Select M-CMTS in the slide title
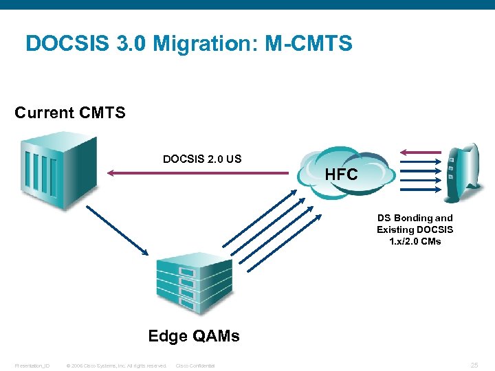pos(308,44)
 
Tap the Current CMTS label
pos(70,113)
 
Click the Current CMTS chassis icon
pos(58,169)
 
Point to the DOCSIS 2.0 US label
pos(202,159)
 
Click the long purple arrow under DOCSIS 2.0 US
pos(200,174)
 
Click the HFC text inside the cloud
pos(341,175)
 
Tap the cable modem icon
pos(460,172)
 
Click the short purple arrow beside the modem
pos(421,153)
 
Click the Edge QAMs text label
pos(194,336)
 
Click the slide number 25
pos(474,365)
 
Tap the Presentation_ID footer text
pos(32,366)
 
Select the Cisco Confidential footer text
pos(195,366)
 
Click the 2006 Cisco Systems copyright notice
pos(115,366)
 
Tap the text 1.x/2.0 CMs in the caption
pos(415,241)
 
